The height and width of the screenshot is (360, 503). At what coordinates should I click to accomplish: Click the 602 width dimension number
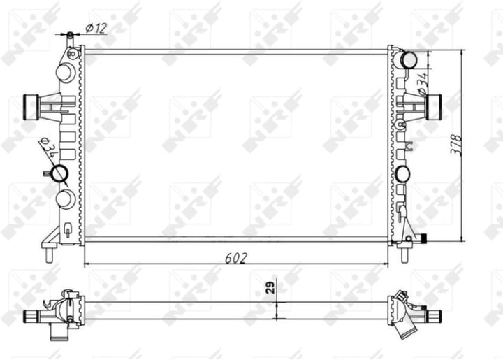[237, 257]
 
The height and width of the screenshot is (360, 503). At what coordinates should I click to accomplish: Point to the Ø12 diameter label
[96, 28]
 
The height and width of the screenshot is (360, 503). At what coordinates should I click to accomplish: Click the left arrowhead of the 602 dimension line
[87, 265]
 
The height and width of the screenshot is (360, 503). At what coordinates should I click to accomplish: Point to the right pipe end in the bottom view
[436, 316]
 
